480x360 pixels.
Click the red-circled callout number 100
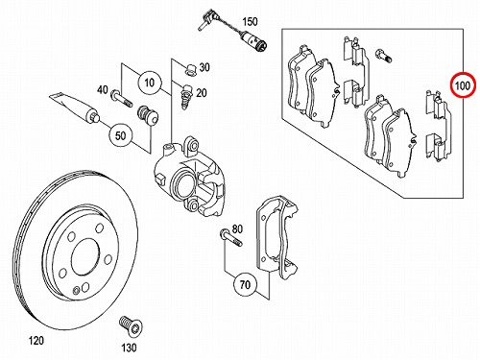click(463, 85)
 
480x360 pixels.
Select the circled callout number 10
click(149, 83)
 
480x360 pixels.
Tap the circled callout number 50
click(120, 135)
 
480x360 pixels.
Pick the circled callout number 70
click(245, 284)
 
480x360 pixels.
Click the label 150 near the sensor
click(250, 22)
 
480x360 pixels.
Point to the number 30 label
click(204, 67)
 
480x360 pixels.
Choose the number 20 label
click(202, 93)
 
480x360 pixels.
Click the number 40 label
click(103, 90)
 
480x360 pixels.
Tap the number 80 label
click(237, 229)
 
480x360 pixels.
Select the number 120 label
click(36, 341)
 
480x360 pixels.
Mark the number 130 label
click(129, 348)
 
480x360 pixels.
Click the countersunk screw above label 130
click(131, 326)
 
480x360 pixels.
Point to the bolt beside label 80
click(230, 238)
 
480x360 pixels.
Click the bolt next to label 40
click(121, 99)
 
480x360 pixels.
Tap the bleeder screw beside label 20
click(185, 96)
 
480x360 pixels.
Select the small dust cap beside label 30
click(190, 69)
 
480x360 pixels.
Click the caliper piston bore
click(182, 184)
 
